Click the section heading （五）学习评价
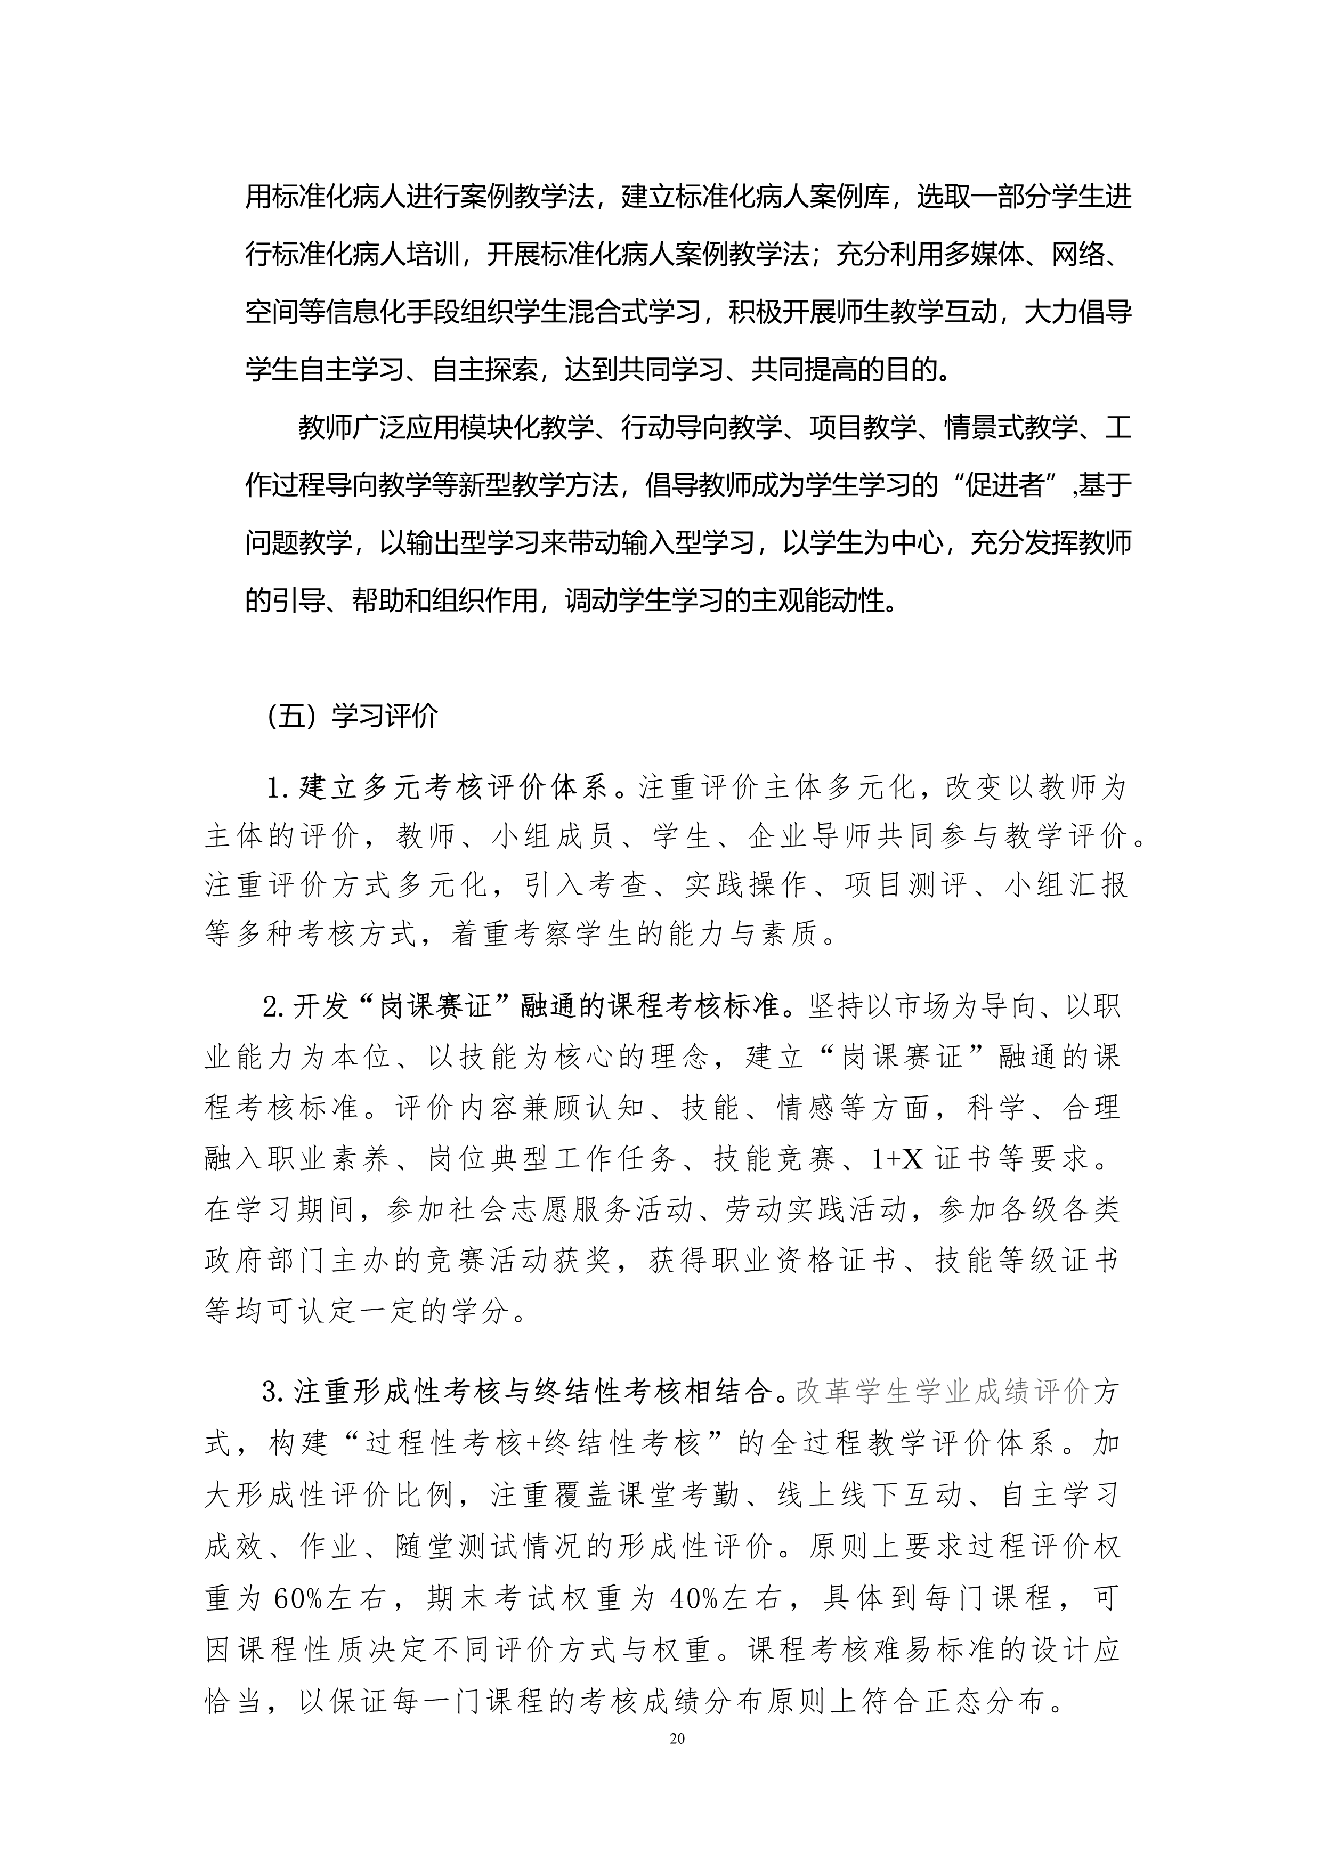pyautogui.click(x=352, y=716)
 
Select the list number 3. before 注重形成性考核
pyautogui.click(x=273, y=1393)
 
